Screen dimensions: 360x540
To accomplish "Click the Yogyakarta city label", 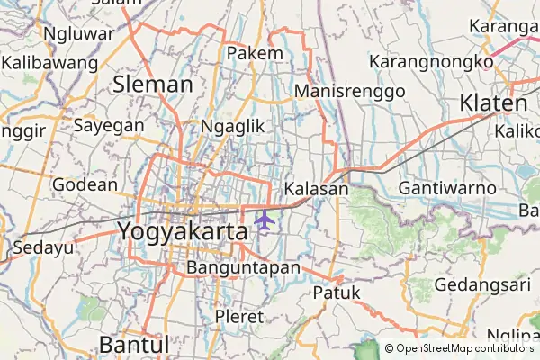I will click(x=183, y=231).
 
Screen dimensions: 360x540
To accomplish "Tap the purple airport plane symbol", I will click(x=264, y=220).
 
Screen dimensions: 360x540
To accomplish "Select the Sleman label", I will click(x=154, y=85).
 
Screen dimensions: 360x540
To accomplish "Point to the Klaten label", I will click(x=493, y=103).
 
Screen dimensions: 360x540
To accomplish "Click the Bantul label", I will click(x=134, y=345).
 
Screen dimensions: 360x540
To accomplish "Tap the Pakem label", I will click(x=255, y=54).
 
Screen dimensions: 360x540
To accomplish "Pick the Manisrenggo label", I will click(x=349, y=91).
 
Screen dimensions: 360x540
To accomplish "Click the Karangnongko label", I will click(x=431, y=62).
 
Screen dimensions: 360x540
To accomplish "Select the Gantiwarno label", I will click(x=447, y=189).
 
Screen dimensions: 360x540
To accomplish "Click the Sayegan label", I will click(x=111, y=125).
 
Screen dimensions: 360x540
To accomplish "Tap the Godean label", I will click(x=85, y=184).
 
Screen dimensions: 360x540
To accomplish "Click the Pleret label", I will click(x=239, y=317).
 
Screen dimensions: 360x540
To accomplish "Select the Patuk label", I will click(x=337, y=292).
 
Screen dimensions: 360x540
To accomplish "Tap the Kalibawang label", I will click(x=49, y=63).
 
